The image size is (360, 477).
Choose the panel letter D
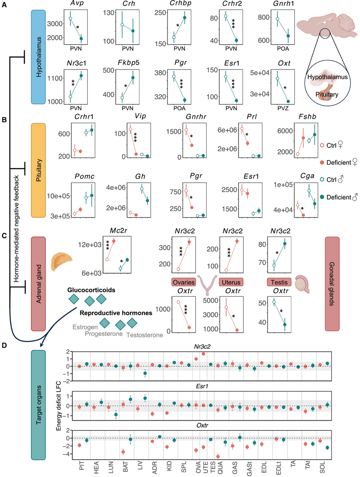[3, 345]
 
